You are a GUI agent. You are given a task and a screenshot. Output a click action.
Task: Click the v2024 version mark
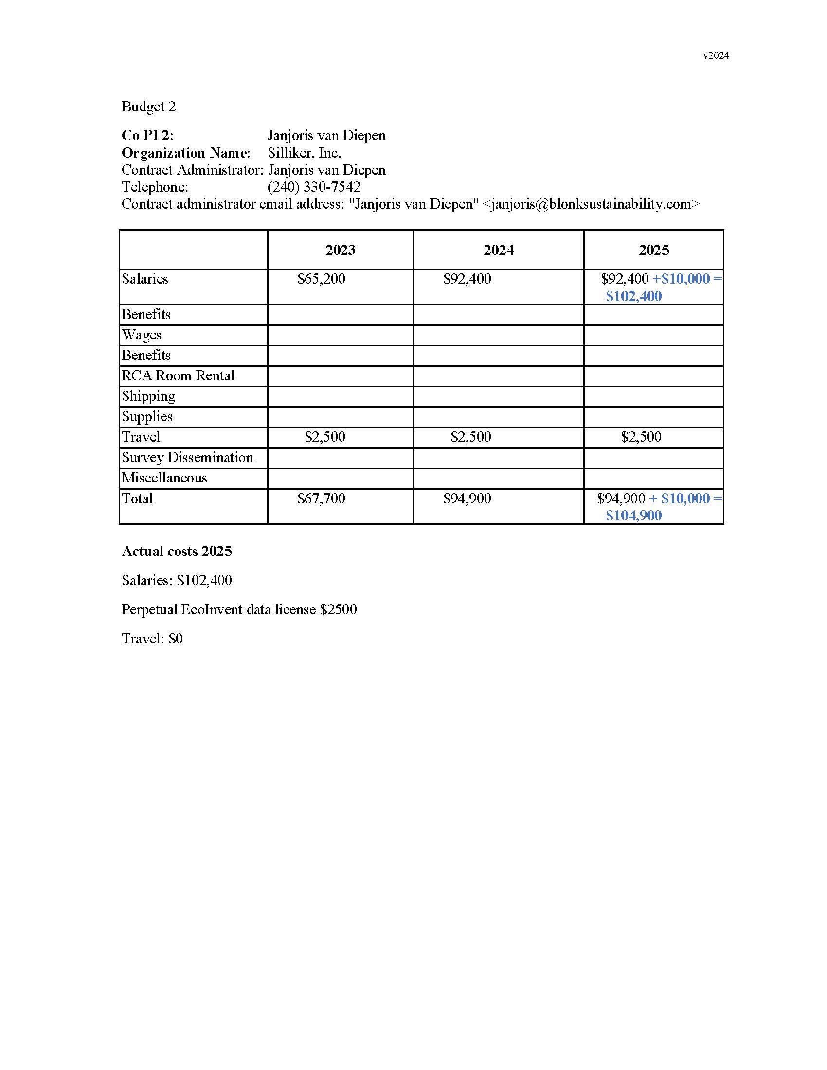tap(715, 55)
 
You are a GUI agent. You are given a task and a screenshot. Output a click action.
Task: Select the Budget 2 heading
tap(148, 107)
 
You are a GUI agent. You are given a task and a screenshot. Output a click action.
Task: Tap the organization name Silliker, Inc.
tap(304, 153)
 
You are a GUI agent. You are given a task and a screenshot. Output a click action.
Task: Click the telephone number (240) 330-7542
tap(314, 187)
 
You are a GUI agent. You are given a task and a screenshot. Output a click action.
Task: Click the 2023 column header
tap(340, 250)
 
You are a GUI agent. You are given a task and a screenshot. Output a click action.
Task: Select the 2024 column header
tap(498, 250)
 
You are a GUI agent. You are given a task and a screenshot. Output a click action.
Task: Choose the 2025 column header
tap(653, 250)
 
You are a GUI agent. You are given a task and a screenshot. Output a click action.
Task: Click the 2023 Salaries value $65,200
tap(321, 279)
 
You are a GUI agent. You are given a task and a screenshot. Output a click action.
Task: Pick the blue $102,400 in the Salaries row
tap(633, 296)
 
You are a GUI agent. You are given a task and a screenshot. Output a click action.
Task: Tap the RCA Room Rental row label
tap(178, 376)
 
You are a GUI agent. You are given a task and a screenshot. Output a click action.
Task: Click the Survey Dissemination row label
tap(187, 458)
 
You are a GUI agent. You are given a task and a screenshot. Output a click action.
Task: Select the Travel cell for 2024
tap(470, 437)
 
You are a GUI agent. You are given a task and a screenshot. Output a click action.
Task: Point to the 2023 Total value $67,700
tap(321, 499)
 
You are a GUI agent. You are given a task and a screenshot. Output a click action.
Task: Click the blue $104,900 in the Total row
tap(633, 516)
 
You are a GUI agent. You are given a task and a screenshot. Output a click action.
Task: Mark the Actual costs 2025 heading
tap(177, 551)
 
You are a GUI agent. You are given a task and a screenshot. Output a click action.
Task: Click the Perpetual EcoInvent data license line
tap(239, 609)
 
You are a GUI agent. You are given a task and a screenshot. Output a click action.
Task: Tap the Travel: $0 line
tap(152, 639)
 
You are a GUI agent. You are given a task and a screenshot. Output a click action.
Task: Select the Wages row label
tap(141, 335)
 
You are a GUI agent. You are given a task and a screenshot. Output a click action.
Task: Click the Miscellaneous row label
tap(164, 478)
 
